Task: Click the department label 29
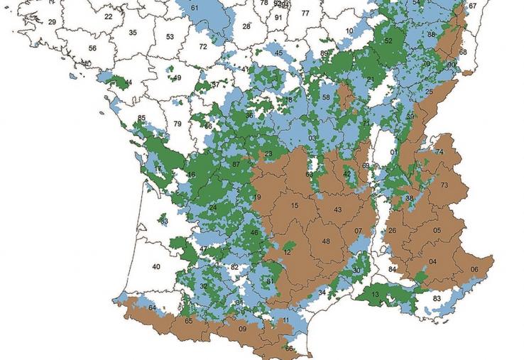(52, 22)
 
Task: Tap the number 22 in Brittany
(108, 16)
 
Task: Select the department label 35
(133, 33)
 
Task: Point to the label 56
(92, 48)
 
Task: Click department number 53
(170, 37)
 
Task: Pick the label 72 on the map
(203, 46)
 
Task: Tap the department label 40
(156, 266)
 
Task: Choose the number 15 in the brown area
(294, 206)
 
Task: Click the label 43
(338, 209)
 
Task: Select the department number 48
(326, 241)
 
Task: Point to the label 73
(444, 185)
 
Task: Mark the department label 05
(437, 230)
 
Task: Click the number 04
(432, 261)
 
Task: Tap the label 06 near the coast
(474, 269)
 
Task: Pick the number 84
(392, 270)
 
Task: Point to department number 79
(178, 124)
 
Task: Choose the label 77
(305, 13)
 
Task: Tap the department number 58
(326, 97)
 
